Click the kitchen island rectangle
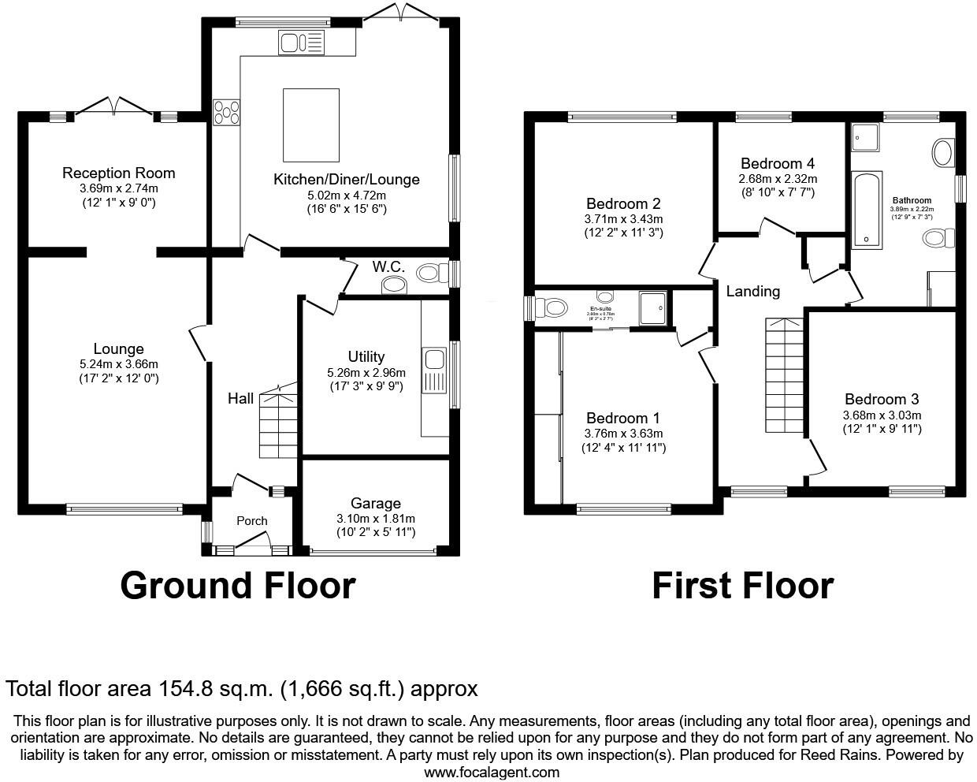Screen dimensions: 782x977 pyautogui.click(x=310, y=125)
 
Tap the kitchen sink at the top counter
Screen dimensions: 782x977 pyautogui.click(x=301, y=43)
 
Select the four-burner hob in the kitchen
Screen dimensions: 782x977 pyautogui.click(x=227, y=113)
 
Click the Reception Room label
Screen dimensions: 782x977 pyautogui.click(x=119, y=173)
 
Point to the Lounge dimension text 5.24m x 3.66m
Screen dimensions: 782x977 pyautogui.click(x=119, y=364)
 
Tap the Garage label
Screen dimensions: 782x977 pyautogui.click(x=375, y=503)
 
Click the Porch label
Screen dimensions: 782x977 pyautogui.click(x=252, y=520)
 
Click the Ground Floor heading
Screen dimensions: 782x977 pyautogui.click(x=237, y=586)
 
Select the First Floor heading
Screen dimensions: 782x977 pyautogui.click(x=742, y=586)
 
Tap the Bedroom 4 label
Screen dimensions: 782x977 pyautogui.click(x=777, y=163)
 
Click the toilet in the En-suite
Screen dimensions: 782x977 pyautogui.click(x=552, y=308)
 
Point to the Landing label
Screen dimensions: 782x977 pyautogui.click(x=752, y=291)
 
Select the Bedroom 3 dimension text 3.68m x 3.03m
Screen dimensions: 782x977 pyautogui.click(x=882, y=415)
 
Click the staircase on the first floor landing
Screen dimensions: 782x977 pyautogui.click(x=785, y=375)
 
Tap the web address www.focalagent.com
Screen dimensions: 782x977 pyautogui.click(x=492, y=772)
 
